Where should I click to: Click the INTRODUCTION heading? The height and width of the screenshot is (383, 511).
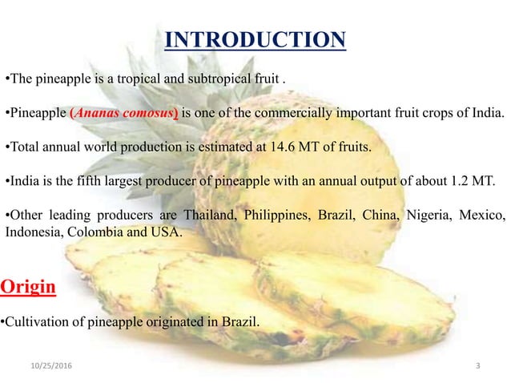[x=255, y=39]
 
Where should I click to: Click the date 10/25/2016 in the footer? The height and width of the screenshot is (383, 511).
[x=46, y=367]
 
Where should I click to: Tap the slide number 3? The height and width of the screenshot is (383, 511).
[x=478, y=367]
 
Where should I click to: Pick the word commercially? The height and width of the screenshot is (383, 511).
[x=307, y=114]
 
